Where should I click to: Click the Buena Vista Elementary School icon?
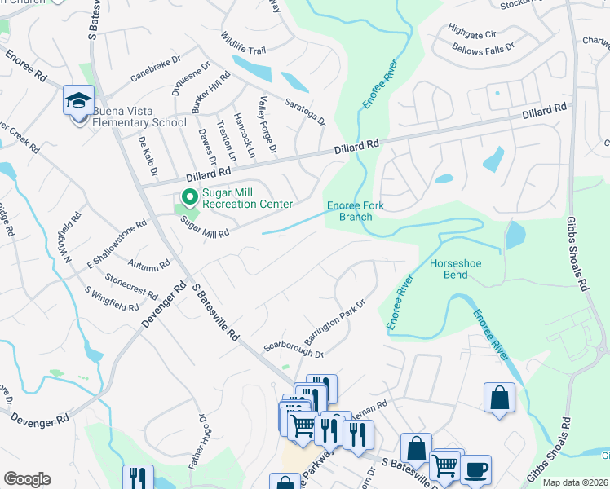pos(78,101)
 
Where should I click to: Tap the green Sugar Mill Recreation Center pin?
pos(189,197)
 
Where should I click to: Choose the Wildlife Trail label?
pos(242,49)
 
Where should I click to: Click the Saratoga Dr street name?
pos(304,109)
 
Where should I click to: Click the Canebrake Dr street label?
pos(153,71)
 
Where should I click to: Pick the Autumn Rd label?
pos(149,264)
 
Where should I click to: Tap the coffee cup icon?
pos(475,469)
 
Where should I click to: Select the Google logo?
pos(27,479)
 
